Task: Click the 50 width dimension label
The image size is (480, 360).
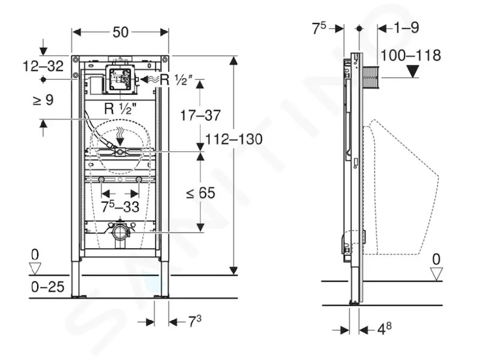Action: pos(121,32)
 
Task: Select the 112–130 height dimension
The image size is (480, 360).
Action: pos(234,139)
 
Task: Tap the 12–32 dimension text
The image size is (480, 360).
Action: pos(43,66)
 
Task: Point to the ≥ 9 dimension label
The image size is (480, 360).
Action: pos(43,100)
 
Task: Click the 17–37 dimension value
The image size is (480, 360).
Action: pos(200,116)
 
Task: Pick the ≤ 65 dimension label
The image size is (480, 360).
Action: pos(200,193)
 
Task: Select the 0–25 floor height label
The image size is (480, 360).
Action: pos(48,287)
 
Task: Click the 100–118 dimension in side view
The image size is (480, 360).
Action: pos(410,55)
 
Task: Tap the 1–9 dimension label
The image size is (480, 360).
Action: pos(406,28)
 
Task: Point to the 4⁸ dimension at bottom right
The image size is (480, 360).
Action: pos(384,329)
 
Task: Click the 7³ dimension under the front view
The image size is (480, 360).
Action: pos(194,322)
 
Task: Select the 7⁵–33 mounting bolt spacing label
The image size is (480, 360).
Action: pos(121,207)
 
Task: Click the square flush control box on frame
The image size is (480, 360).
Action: pos(120,79)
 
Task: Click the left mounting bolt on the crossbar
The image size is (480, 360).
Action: pos(101,179)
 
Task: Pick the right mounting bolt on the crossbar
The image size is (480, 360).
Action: pos(139,179)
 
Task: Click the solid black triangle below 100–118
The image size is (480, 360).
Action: pos(413,71)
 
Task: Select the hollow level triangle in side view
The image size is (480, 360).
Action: pos(436,274)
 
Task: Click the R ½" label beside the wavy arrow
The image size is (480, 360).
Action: pos(176,80)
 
